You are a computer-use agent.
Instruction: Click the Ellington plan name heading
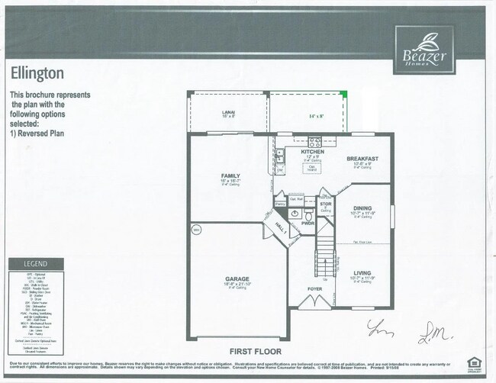pos(37,72)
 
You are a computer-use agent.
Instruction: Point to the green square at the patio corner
pos(343,95)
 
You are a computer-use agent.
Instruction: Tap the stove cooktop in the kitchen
pos(314,141)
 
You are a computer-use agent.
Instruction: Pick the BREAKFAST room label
pos(362,159)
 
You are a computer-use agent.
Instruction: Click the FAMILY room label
pos(230,176)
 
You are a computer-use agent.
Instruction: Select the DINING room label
pos(362,208)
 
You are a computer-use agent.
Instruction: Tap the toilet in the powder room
pos(308,216)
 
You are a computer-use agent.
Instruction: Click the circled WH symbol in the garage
pos(196,229)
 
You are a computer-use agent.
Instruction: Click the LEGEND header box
pos(28,263)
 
